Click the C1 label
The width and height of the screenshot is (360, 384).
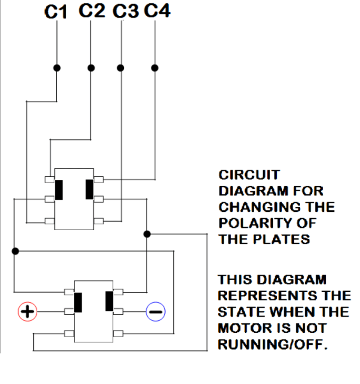[56, 12]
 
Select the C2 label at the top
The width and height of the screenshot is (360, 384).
[91, 11]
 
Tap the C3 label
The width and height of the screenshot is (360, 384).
[125, 11]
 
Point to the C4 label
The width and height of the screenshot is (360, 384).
[157, 11]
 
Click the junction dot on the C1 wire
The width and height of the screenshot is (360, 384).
[57, 68]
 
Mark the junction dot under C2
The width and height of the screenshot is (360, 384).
[91, 68]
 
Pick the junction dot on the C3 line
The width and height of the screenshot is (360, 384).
[120, 68]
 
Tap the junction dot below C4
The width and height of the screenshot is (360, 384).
[155, 68]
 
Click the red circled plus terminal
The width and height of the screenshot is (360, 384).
[27, 311]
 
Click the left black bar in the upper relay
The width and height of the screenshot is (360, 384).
[59, 189]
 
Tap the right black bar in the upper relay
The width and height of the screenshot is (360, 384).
[90, 189]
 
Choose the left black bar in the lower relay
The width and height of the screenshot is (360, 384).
[78, 302]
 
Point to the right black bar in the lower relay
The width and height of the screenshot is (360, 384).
[109, 301]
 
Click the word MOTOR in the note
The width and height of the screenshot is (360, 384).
[243, 328]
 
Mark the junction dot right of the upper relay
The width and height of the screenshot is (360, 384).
[147, 234]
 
